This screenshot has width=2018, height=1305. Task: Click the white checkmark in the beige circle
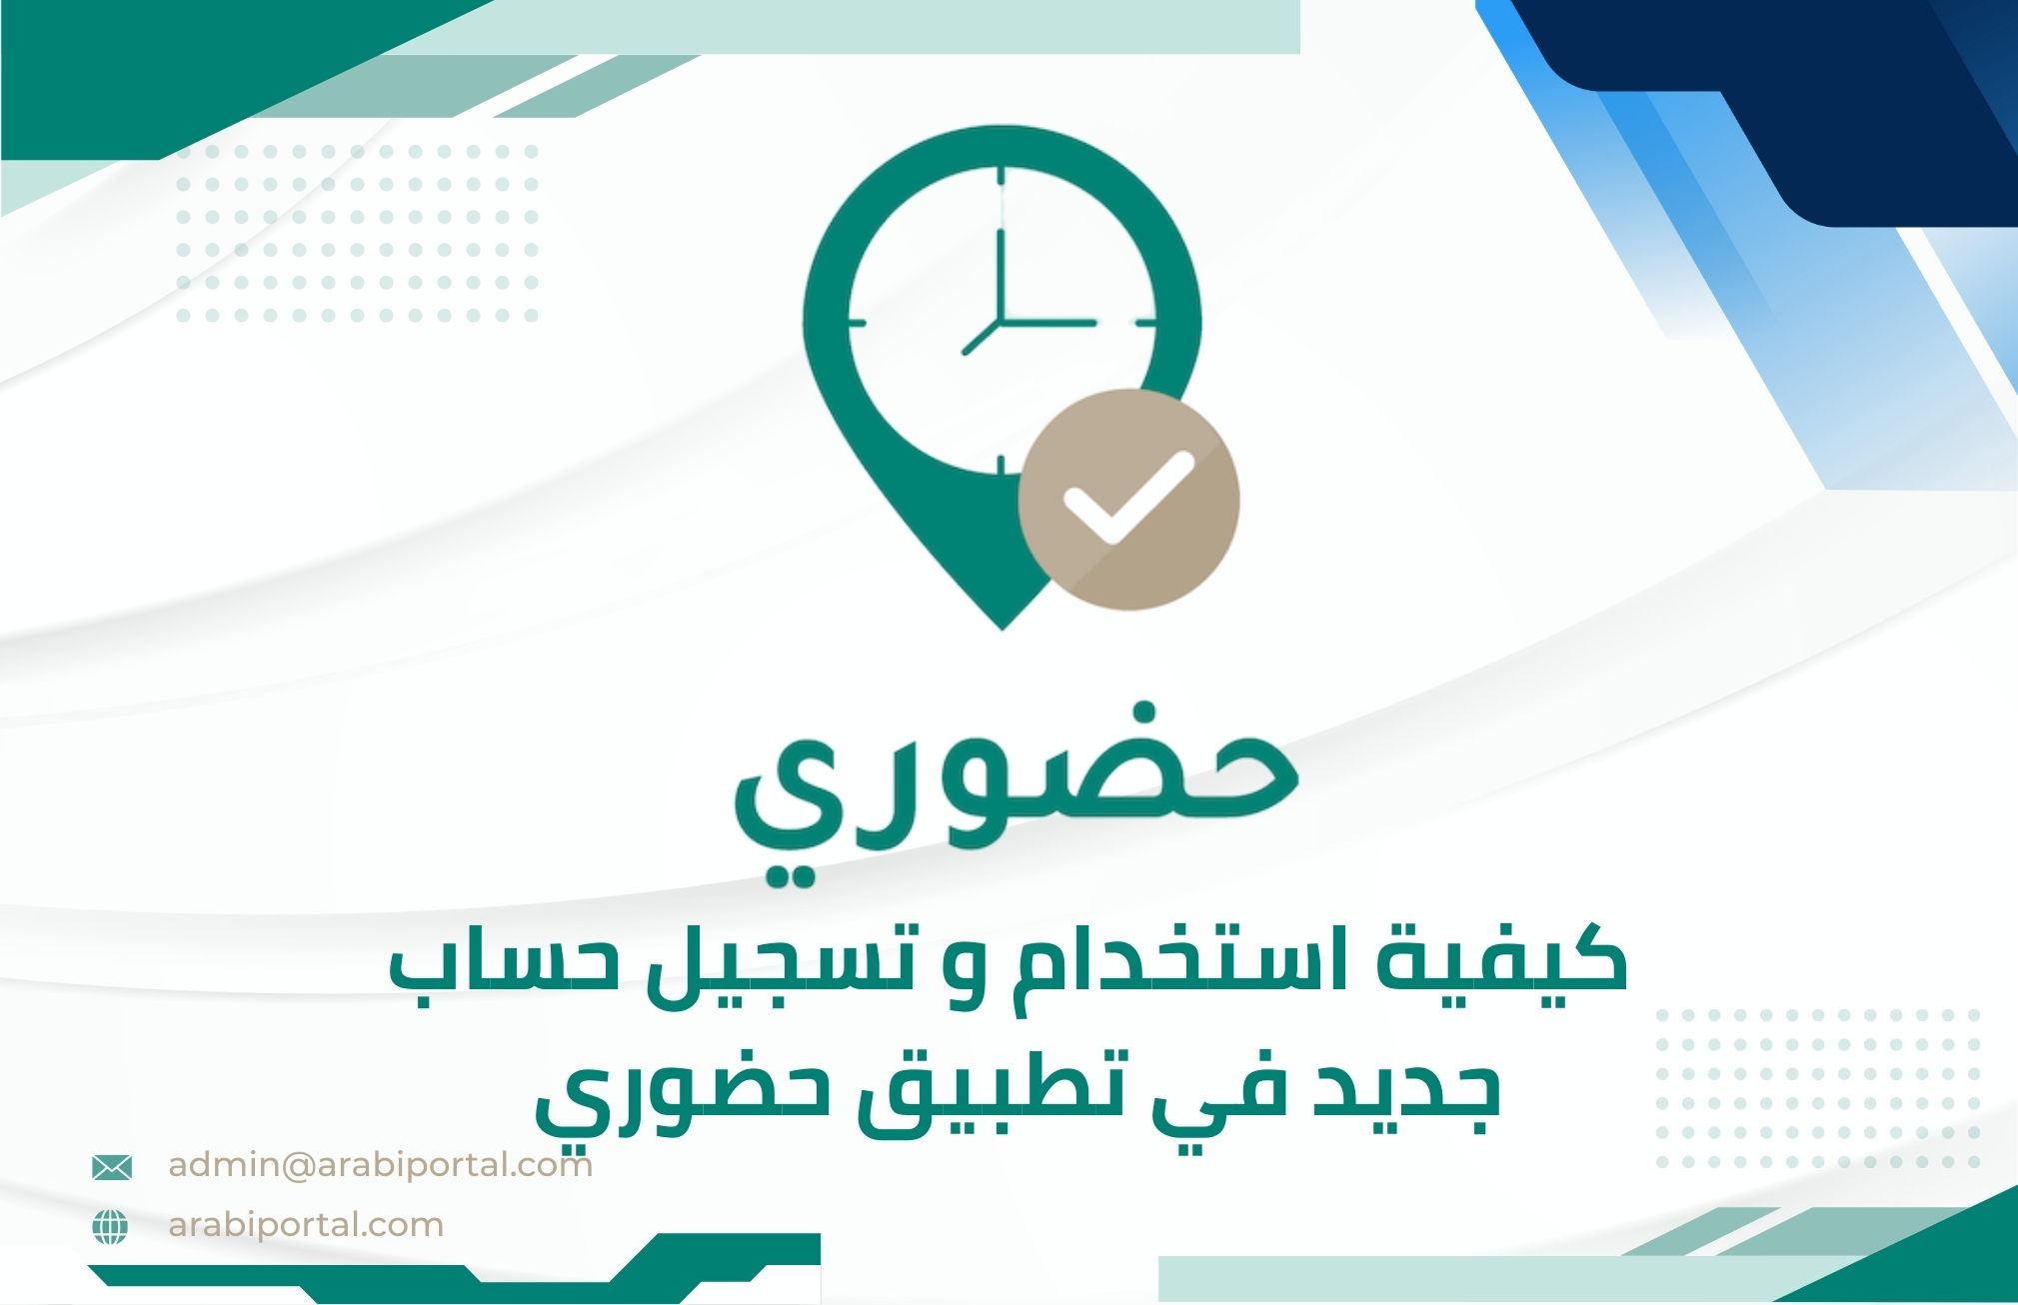click(x=1127, y=497)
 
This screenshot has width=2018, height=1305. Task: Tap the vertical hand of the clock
click(x=1000, y=276)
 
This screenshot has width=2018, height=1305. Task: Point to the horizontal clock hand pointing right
click(x=1047, y=323)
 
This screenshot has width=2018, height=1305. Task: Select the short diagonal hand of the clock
click(x=981, y=339)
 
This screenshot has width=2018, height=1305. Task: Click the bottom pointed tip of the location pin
click(x=1003, y=629)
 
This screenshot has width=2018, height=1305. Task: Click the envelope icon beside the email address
click(x=111, y=1166)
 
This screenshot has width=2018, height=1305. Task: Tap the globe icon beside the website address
click(x=110, y=1226)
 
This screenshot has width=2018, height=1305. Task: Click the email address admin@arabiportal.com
click(x=381, y=1164)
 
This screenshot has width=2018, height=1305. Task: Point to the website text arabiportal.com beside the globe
click(x=306, y=1225)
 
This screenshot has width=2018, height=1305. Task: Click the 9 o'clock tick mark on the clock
click(x=857, y=323)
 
